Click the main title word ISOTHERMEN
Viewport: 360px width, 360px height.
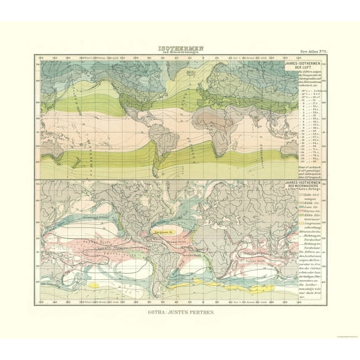180,46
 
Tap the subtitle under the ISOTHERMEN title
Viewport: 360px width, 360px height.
180,52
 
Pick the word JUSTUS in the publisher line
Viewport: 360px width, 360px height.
182,310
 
